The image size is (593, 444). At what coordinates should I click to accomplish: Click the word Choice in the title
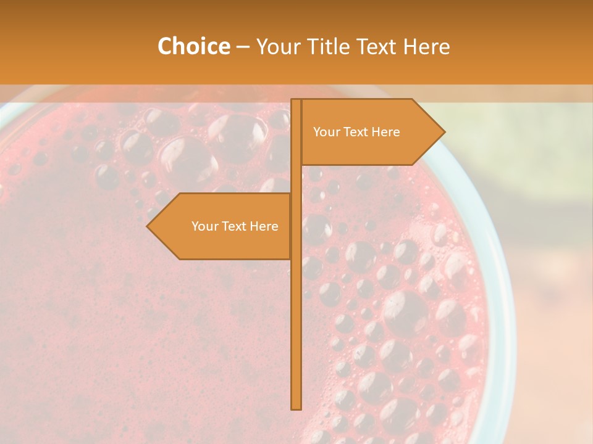(x=193, y=46)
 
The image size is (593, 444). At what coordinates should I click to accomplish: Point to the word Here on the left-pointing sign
(x=264, y=226)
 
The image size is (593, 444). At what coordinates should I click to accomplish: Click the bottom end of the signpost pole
(x=296, y=406)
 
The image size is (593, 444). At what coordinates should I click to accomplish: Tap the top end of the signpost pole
(x=296, y=102)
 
